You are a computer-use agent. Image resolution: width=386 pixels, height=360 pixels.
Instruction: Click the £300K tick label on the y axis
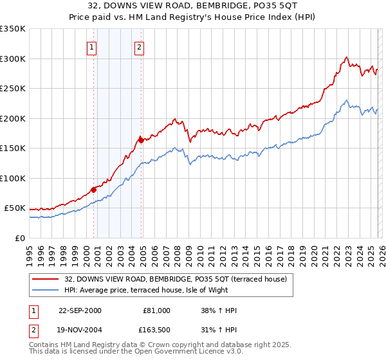(x=13, y=59)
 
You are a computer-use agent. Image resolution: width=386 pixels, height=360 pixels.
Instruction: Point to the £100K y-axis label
(x=13, y=178)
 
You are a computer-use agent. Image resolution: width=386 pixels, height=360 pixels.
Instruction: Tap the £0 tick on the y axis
(x=20, y=238)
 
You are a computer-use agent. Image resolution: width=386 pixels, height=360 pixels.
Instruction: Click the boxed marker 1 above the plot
(x=92, y=47)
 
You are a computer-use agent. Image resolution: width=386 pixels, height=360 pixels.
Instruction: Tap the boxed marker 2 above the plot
(x=139, y=47)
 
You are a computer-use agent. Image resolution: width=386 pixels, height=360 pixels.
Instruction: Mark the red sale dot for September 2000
(x=94, y=189)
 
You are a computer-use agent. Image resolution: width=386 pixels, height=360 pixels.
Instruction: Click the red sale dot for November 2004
(x=141, y=139)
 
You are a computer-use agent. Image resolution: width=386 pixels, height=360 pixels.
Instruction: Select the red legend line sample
(x=45, y=278)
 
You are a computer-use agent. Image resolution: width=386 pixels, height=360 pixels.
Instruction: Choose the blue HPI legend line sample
(x=45, y=290)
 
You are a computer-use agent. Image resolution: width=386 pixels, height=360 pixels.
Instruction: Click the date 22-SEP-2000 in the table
(x=80, y=310)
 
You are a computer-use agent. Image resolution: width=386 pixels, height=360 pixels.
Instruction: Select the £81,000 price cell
(x=156, y=310)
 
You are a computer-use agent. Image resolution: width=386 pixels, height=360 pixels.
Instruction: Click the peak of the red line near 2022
(x=346, y=57)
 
